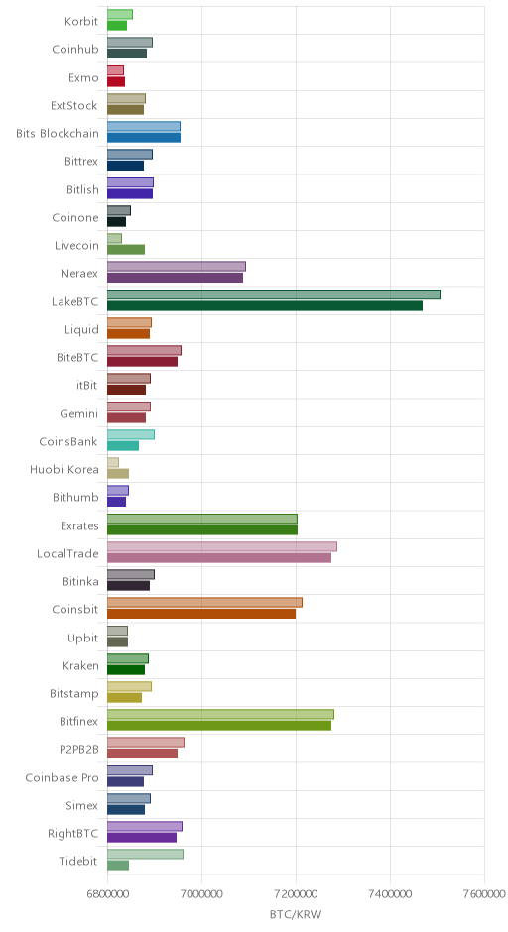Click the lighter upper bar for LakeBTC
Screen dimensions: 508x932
(274, 294)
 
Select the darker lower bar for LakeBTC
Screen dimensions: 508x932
(265, 305)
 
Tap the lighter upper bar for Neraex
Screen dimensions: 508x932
(177, 267)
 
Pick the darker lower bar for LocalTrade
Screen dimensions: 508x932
(219, 557)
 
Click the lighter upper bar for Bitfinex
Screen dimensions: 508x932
(220, 714)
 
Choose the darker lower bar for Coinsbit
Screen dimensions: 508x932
(201, 614)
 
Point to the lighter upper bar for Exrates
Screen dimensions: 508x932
(202, 519)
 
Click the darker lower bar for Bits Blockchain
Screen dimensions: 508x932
(144, 138)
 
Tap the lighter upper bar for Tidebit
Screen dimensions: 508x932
(145, 854)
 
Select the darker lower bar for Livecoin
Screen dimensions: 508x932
(126, 250)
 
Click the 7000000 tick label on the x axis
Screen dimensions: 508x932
(201, 894)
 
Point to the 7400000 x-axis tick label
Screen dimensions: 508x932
(390, 894)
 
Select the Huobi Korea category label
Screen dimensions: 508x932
(64, 470)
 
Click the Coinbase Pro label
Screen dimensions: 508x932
(62, 777)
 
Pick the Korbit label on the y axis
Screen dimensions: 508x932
(81, 22)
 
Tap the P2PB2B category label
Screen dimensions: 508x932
(79, 750)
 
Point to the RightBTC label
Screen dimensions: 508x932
(72, 833)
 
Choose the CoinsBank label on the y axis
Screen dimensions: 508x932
(68, 441)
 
